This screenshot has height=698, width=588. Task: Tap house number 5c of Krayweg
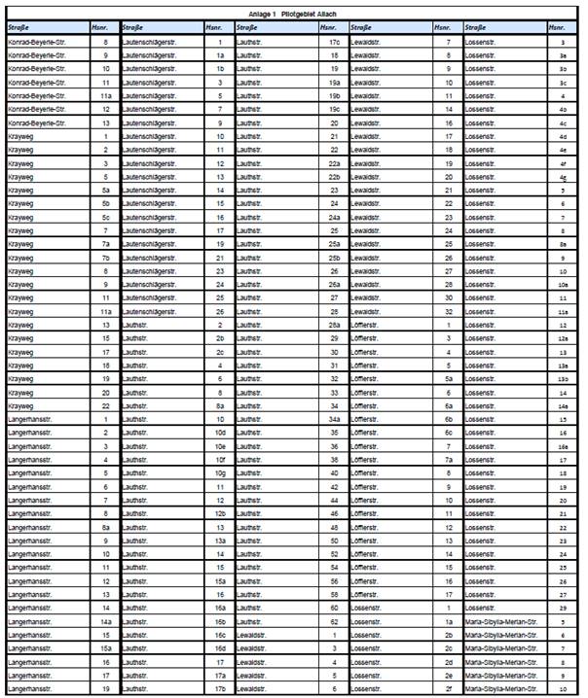click(105, 218)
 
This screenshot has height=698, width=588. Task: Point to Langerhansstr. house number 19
click(105, 688)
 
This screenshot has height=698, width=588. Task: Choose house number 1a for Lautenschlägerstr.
click(220, 56)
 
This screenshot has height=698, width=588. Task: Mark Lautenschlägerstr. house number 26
click(220, 311)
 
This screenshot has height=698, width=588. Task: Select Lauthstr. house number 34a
click(334, 419)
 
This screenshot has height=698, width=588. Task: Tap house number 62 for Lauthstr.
click(334, 621)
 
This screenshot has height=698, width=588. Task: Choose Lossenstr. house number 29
click(563, 608)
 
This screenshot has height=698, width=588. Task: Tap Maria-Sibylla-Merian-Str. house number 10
click(563, 688)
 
